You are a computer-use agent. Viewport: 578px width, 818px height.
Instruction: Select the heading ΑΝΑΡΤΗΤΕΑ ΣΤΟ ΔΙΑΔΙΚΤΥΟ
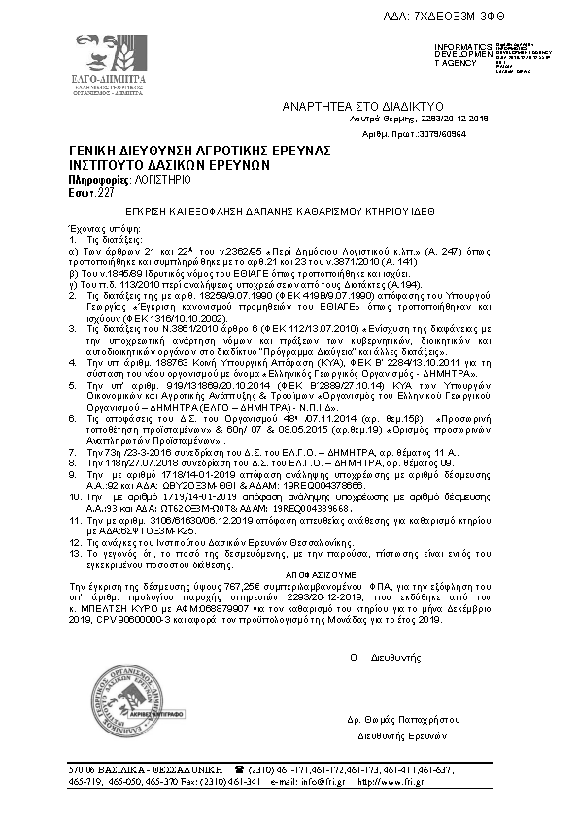coord(362,103)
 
